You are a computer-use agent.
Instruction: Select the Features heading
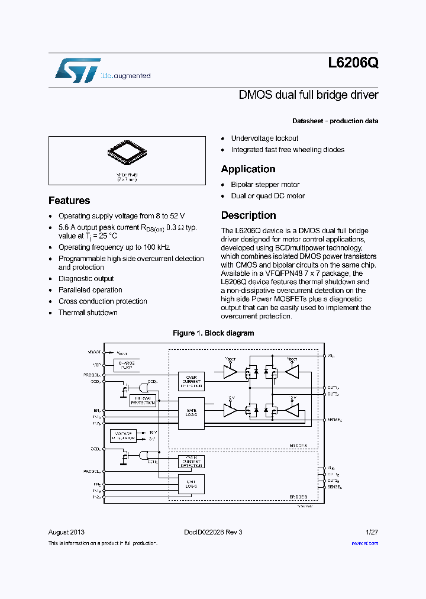[x=69, y=201]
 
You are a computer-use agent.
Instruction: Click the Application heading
[x=248, y=169]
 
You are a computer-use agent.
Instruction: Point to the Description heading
[x=248, y=215]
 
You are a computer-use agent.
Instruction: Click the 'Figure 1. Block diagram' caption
[x=213, y=333]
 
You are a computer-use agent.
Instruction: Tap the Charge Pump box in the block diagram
[x=127, y=365]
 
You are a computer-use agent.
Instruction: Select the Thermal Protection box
[x=143, y=401]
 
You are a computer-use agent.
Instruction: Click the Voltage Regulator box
[x=123, y=436]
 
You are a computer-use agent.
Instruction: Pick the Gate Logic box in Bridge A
[x=191, y=413]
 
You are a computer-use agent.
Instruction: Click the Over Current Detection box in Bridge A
[x=191, y=381]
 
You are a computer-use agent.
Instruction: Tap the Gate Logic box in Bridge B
[x=191, y=484]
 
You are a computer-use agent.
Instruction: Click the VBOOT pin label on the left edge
[x=93, y=352]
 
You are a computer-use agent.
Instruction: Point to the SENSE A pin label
[x=335, y=420]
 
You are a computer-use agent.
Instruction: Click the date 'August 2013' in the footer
[x=66, y=532]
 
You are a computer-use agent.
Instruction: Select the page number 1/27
[x=372, y=532]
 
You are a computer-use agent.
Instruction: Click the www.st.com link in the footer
[x=364, y=543]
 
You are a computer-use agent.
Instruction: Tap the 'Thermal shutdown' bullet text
[x=88, y=313]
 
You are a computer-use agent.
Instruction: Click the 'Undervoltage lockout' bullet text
[x=264, y=139]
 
